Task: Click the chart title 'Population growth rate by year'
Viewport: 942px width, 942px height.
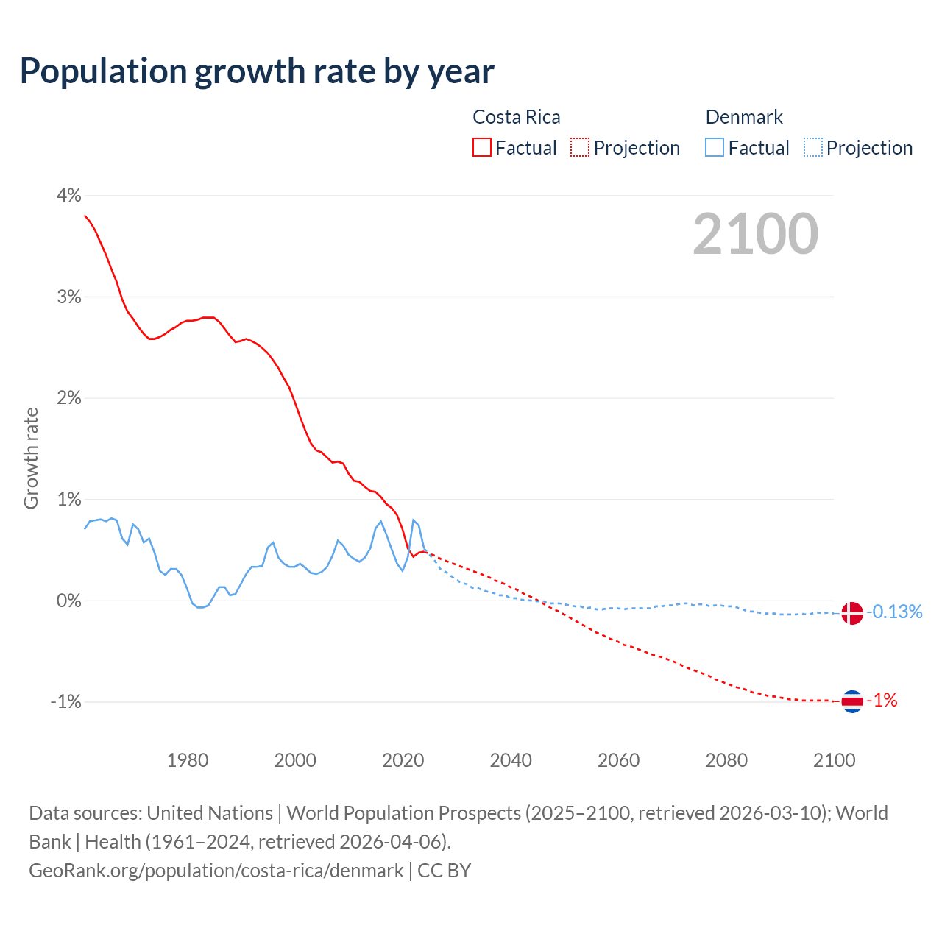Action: [x=257, y=71]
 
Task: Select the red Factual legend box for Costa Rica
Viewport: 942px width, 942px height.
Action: [x=482, y=147]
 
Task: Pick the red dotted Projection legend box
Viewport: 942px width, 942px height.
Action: [x=580, y=147]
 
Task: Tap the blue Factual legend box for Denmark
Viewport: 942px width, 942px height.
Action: [x=715, y=147]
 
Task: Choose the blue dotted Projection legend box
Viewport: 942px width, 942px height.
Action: [x=812, y=147]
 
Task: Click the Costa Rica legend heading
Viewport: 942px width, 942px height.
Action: [x=516, y=117]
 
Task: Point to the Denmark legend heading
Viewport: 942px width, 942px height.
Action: [x=744, y=117]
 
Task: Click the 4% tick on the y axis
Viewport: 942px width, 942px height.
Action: [x=68, y=195]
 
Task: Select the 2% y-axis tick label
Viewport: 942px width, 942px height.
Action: [x=68, y=398]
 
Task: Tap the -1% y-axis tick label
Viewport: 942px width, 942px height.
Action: [x=65, y=702]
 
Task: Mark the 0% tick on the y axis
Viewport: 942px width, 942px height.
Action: [x=68, y=601]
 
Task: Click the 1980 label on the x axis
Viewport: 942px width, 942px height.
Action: [x=188, y=760]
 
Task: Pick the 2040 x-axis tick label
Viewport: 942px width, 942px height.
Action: [x=511, y=760]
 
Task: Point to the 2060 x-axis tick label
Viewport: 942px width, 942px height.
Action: [x=618, y=760]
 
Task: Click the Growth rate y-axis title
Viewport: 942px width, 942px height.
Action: [x=31, y=458]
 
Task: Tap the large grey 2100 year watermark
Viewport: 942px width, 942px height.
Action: [x=755, y=234]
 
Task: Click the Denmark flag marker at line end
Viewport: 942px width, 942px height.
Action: [x=851, y=612]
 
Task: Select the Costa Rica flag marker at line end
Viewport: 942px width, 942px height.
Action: [x=851, y=701]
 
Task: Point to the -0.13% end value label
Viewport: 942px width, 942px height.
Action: [x=894, y=612]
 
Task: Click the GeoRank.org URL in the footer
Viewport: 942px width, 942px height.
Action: [x=216, y=871]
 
